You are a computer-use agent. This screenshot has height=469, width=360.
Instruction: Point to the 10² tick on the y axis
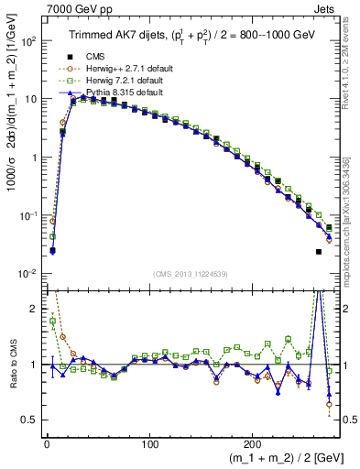point(27,41)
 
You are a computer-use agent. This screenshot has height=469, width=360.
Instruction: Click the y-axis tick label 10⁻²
point(27,274)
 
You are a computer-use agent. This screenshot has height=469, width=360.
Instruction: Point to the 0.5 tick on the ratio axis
point(29,420)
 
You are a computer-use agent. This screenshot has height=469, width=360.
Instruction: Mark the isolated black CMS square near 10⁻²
point(319,251)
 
